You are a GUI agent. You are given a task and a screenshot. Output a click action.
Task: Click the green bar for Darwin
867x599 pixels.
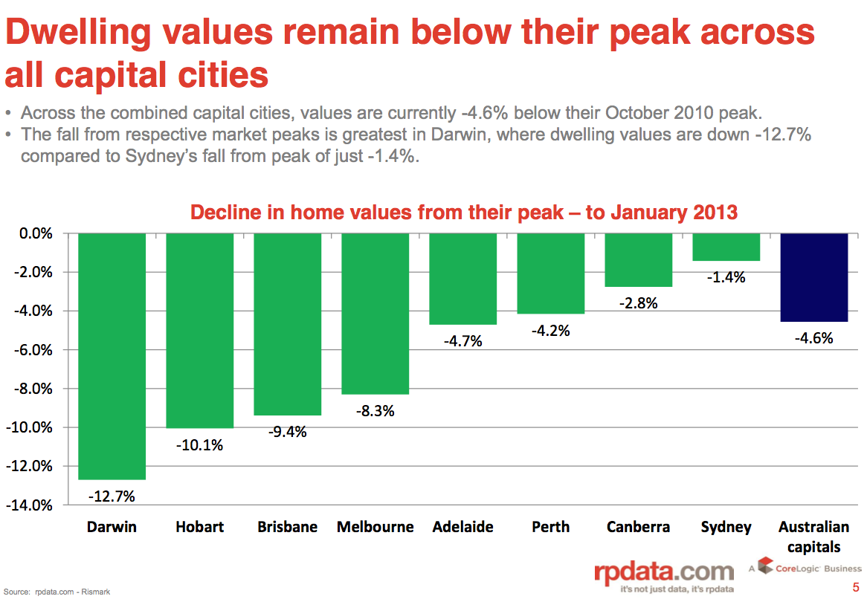(112, 356)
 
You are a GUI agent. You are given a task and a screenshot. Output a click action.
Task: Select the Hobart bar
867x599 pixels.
(199, 331)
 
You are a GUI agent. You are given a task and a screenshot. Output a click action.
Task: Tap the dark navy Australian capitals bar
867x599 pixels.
(814, 277)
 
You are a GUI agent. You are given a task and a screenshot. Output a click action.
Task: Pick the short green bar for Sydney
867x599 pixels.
(726, 247)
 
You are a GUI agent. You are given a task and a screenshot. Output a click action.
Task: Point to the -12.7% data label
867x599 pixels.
(112, 495)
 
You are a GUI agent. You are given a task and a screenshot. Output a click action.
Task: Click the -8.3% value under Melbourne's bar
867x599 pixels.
(375, 410)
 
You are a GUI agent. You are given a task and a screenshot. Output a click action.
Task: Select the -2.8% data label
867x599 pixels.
(639, 302)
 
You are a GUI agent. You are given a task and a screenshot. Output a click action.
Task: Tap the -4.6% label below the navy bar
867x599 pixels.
(814, 338)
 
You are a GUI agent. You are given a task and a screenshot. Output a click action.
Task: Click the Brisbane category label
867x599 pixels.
(287, 527)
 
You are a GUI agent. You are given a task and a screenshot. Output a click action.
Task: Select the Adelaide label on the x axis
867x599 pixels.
(462, 527)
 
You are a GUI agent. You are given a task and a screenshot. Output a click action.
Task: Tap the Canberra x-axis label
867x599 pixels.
(638, 527)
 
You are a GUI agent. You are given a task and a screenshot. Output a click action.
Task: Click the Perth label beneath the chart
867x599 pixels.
(550, 527)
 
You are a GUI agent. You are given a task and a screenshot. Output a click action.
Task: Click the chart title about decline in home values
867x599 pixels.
(464, 212)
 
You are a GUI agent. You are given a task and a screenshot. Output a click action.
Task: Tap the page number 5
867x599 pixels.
(855, 586)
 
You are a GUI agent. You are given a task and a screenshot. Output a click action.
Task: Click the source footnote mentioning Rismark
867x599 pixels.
(57, 592)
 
